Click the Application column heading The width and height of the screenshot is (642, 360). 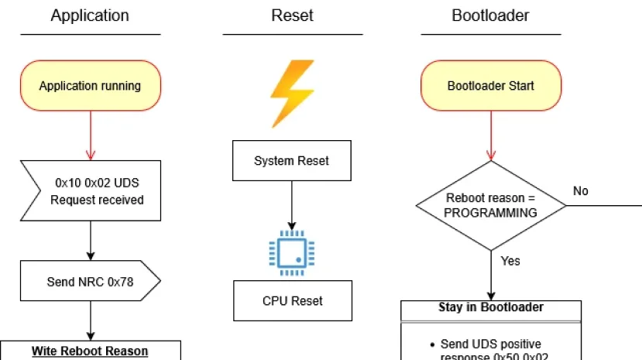[90, 15]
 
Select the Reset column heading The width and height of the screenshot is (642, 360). [292, 15]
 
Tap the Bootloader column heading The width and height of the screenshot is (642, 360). [490, 15]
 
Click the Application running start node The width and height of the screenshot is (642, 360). [90, 86]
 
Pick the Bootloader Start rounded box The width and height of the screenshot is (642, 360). [490, 86]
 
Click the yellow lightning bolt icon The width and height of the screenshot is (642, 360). [292, 92]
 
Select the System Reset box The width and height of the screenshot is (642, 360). [291, 161]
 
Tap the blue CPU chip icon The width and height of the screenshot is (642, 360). [291, 252]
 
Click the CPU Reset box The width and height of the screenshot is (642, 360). [292, 300]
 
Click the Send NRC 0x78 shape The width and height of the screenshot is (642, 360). [91, 282]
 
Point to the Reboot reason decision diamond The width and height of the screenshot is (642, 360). [490, 205]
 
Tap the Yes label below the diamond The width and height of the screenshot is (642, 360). [510, 261]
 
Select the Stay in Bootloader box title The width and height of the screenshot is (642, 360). [491, 307]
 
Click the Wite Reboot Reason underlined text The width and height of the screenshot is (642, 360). [90, 351]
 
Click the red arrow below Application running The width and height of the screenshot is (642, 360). [90, 135]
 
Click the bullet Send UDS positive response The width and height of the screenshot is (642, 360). [491, 349]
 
